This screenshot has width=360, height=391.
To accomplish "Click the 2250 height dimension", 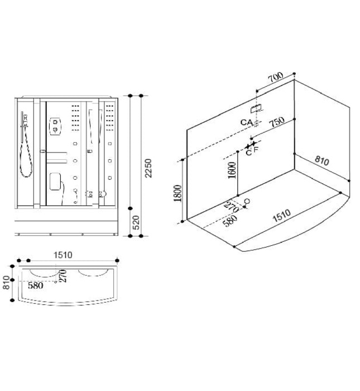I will click(148, 168).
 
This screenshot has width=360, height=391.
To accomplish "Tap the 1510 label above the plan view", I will click(63, 255).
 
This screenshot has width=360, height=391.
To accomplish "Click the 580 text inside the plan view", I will click(36, 285).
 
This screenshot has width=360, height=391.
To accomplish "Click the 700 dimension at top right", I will click(276, 77).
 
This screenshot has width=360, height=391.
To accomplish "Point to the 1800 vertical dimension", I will click(177, 194).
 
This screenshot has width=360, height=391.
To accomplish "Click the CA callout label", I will click(247, 122).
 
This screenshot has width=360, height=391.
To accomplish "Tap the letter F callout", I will click(256, 150).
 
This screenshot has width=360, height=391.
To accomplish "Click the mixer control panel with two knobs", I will click(55, 127).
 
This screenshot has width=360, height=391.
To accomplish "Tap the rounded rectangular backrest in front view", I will click(56, 181).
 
